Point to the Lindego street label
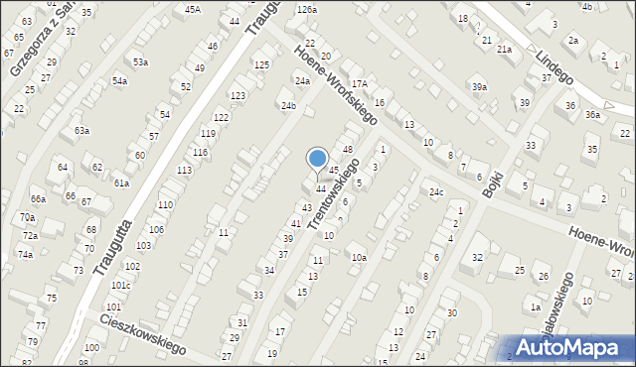pos(557,69)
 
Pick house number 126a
pos(305,9)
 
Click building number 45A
pos(193,9)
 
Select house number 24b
pos(288,105)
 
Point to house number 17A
pos(359,84)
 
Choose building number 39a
pos(480,87)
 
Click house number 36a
pos(592,115)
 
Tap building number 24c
pos(435,191)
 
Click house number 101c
pos(120,286)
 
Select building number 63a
pos(81,130)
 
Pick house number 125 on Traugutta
pos(261,64)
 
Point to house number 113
pos(184,171)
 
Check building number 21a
pos(504,49)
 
